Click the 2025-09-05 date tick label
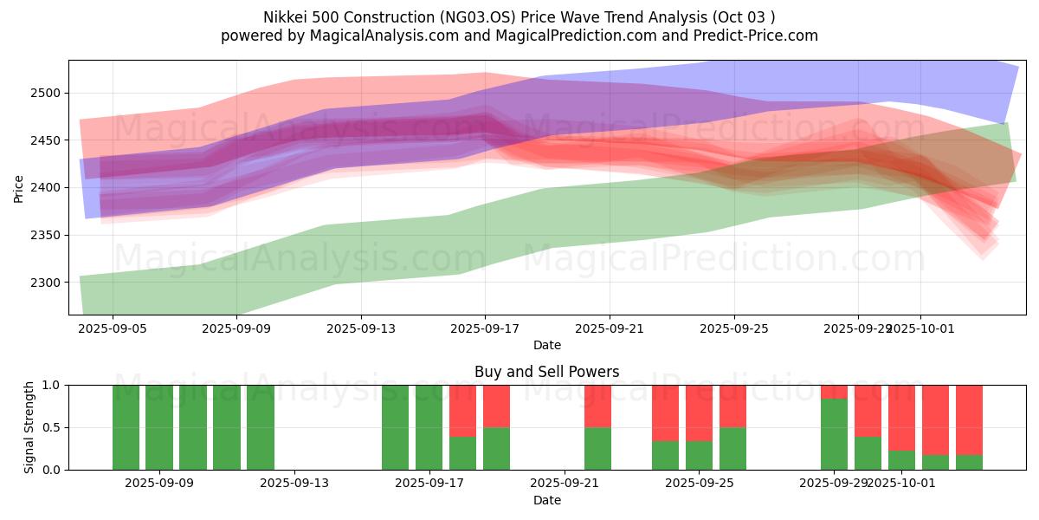coord(113,329)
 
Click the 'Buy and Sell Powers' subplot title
coord(546,372)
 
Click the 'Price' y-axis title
coord(19,188)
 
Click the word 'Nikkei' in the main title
coord(284,17)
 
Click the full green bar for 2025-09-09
coord(159,427)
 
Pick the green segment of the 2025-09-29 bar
coord(834,433)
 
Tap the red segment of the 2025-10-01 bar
coord(901,417)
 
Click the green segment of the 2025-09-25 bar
coord(732,448)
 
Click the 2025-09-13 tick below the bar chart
coord(294,484)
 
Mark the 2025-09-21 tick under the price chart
coord(610,329)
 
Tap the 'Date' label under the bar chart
coord(546,500)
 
